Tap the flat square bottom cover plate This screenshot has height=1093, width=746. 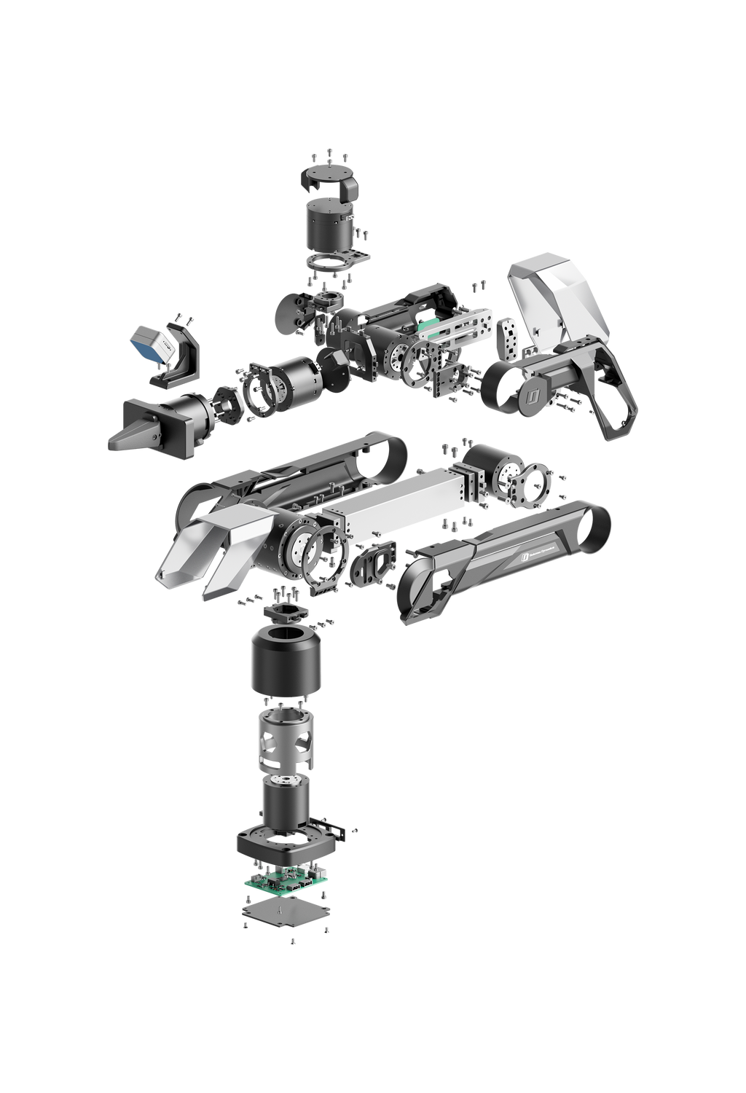[x=286, y=909]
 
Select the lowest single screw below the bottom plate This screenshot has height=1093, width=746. [x=292, y=941]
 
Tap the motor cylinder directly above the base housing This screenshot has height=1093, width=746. [x=285, y=805]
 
